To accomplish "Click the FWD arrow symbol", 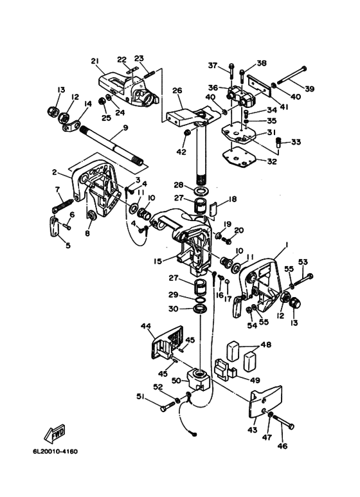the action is (55, 433).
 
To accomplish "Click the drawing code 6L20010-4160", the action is (55, 451).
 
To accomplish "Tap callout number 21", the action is (95, 61).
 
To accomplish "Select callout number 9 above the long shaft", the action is (125, 128).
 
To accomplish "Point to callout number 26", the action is (177, 91).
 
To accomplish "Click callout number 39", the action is (309, 89).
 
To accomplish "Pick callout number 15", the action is (157, 261).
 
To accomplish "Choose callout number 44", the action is (147, 325).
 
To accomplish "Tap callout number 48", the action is (266, 345).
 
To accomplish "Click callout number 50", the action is (177, 380).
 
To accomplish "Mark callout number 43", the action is (253, 430).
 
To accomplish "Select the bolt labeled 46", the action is (283, 421).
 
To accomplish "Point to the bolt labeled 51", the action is (168, 406).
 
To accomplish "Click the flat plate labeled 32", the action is (237, 159).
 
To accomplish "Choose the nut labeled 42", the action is (187, 132).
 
